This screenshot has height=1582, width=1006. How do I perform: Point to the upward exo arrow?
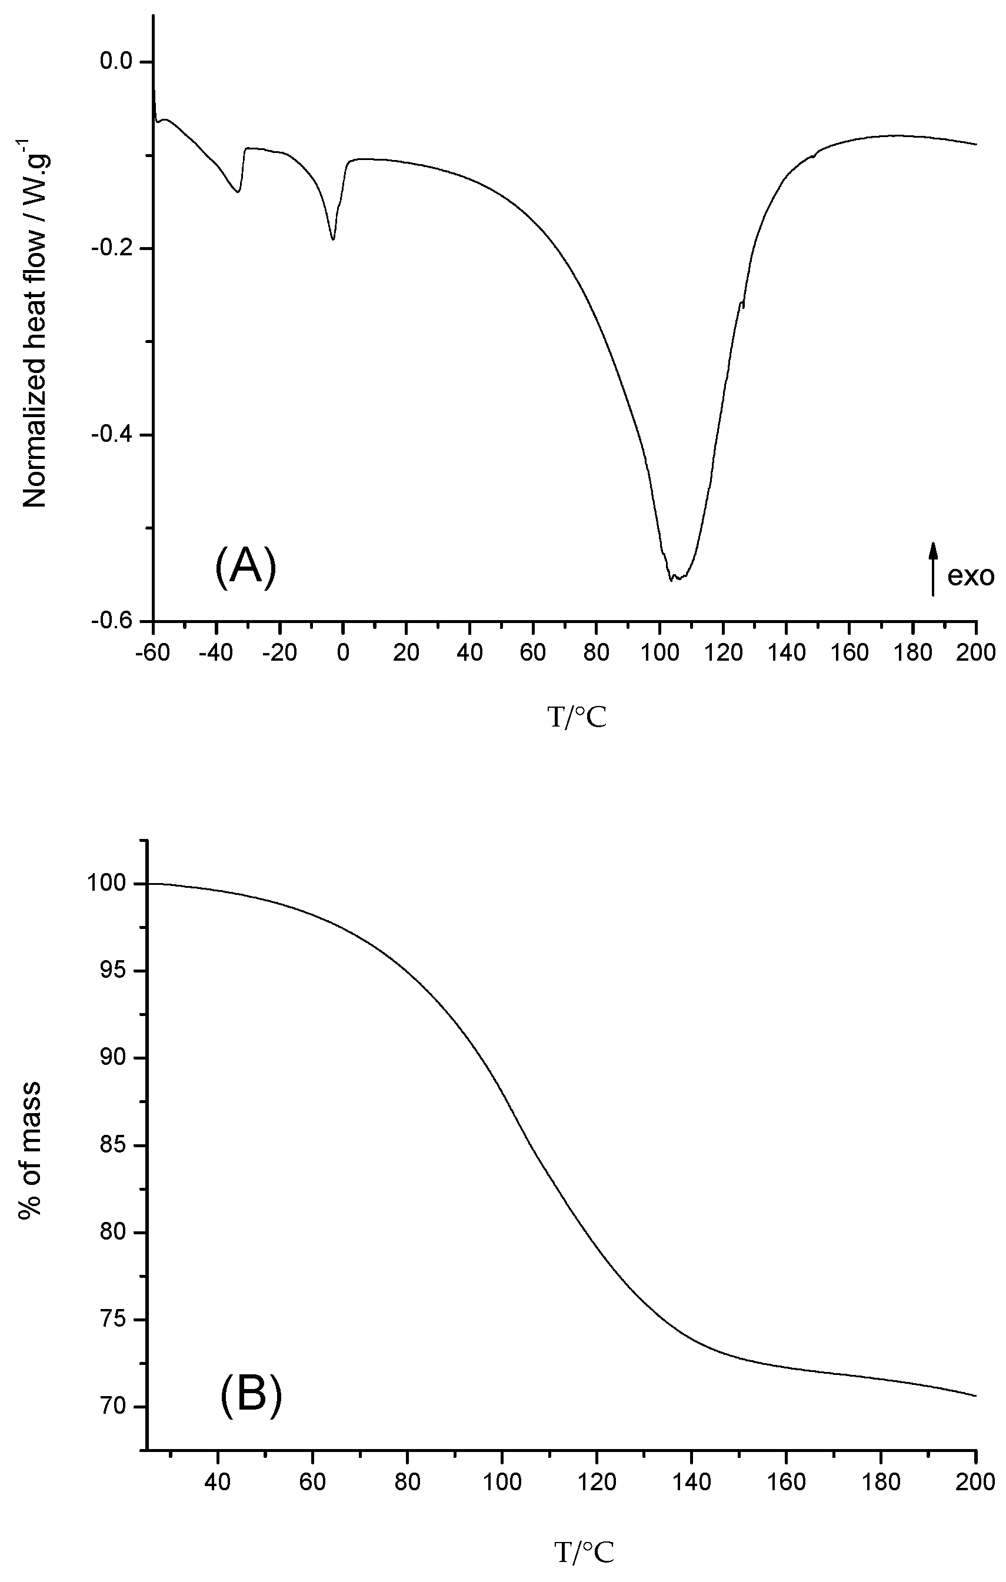(932, 568)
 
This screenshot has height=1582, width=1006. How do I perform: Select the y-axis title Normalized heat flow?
(36, 322)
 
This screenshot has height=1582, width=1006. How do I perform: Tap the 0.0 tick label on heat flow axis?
(118, 62)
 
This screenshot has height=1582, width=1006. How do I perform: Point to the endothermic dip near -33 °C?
(238, 191)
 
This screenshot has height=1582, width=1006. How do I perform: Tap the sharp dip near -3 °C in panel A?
(334, 239)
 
